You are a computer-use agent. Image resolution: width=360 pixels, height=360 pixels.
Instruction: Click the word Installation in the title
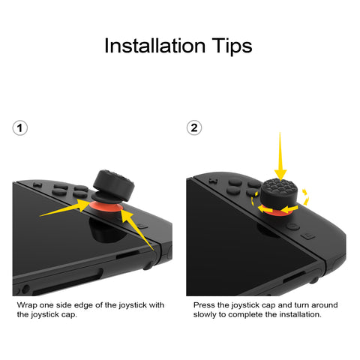coord(154,46)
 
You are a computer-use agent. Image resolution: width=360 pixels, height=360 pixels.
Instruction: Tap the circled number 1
coord(20,128)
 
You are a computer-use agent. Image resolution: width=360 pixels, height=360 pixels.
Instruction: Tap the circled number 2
coord(194,127)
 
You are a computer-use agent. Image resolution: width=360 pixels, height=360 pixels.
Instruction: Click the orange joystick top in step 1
coord(106,206)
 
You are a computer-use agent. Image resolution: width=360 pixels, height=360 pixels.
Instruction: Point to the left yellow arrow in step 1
coord(65,208)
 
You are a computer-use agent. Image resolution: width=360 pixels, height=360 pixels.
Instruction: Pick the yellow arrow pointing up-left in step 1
coord(136,229)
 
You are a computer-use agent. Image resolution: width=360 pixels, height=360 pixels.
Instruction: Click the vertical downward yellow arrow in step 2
coord(280,156)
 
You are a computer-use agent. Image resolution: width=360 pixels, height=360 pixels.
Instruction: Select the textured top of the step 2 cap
coord(280,186)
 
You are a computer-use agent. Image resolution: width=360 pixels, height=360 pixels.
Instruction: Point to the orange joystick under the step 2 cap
coord(278,211)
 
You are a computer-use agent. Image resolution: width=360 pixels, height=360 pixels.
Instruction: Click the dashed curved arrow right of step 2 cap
coord(305,197)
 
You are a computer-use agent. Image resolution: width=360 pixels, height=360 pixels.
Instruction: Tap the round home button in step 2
coord(293,226)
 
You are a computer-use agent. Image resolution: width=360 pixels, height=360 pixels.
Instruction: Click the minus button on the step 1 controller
coord(37,185)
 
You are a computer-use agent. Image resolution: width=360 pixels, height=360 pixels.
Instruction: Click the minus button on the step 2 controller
coord(213,181)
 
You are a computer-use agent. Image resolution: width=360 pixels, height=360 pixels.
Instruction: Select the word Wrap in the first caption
coord(27,305)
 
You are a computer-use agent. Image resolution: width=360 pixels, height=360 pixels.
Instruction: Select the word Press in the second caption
coord(204,305)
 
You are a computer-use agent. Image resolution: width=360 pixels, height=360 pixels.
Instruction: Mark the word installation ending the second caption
coord(300,314)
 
